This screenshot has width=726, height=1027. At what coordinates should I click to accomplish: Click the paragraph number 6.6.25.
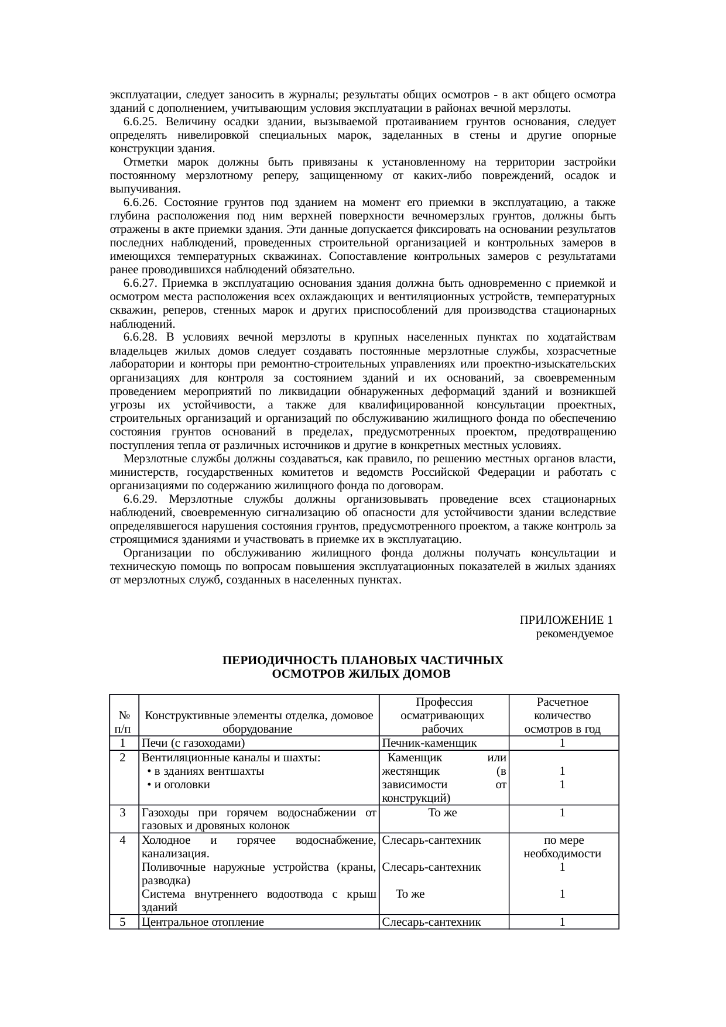coord(140,122)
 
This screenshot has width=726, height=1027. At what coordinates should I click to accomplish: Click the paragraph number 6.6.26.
coord(140,202)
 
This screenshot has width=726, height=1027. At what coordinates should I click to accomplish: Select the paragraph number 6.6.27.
coord(140,283)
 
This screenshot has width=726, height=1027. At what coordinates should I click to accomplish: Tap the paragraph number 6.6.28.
coord(140,337)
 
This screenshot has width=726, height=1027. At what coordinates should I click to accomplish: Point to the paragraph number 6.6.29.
coord(140,499)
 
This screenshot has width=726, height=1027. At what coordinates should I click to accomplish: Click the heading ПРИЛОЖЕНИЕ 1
coord(566,620)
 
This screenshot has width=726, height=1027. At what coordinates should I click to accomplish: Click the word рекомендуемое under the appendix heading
coord(574,634)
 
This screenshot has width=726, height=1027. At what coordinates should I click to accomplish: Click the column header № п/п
coord(124,722)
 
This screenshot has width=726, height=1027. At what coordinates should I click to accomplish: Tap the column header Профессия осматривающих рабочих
coord(443,716)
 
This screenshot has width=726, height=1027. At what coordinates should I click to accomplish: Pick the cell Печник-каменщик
coord(429,743)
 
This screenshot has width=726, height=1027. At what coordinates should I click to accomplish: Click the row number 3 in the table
coord(124,812)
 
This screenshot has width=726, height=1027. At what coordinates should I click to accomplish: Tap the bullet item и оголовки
coord(181,785)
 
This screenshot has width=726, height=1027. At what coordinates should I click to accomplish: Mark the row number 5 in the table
coord(124,922)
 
